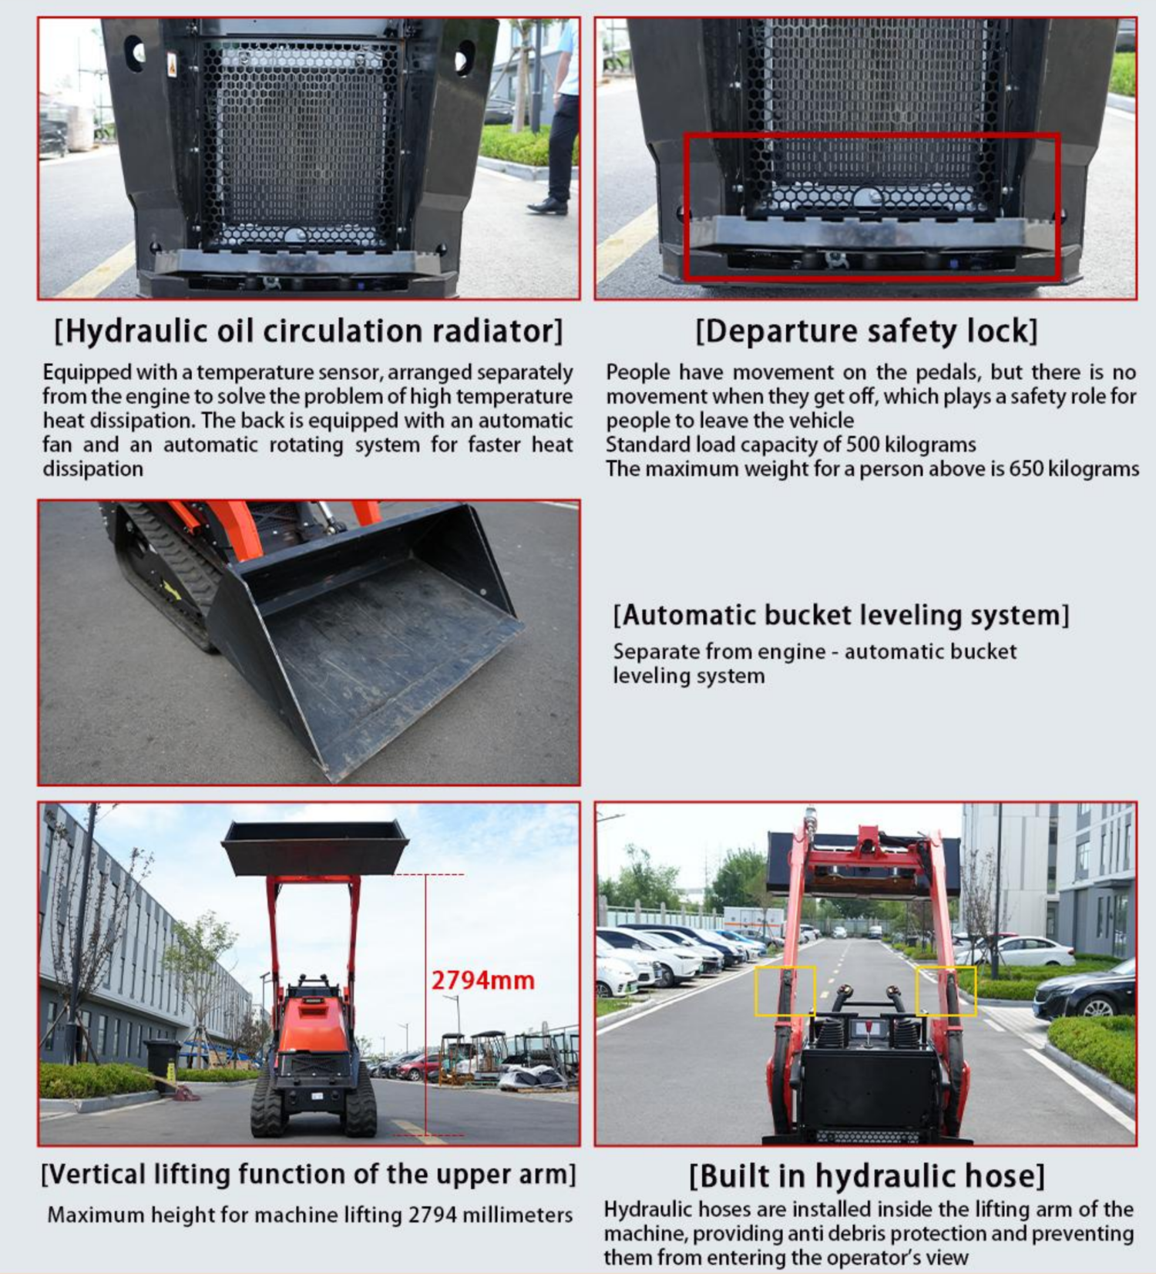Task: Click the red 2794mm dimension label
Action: point(482,980)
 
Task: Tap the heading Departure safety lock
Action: point(866,331)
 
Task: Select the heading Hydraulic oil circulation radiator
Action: point(308,331)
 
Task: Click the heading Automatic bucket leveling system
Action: point(841,615)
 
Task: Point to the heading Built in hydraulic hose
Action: point(866,1176)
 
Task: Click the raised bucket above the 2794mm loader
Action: point(315,847)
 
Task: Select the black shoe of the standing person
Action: point(548,206)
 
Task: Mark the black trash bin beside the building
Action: point(163,1065)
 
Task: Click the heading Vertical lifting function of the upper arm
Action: point(308,1175)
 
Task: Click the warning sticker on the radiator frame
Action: point(172,66)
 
